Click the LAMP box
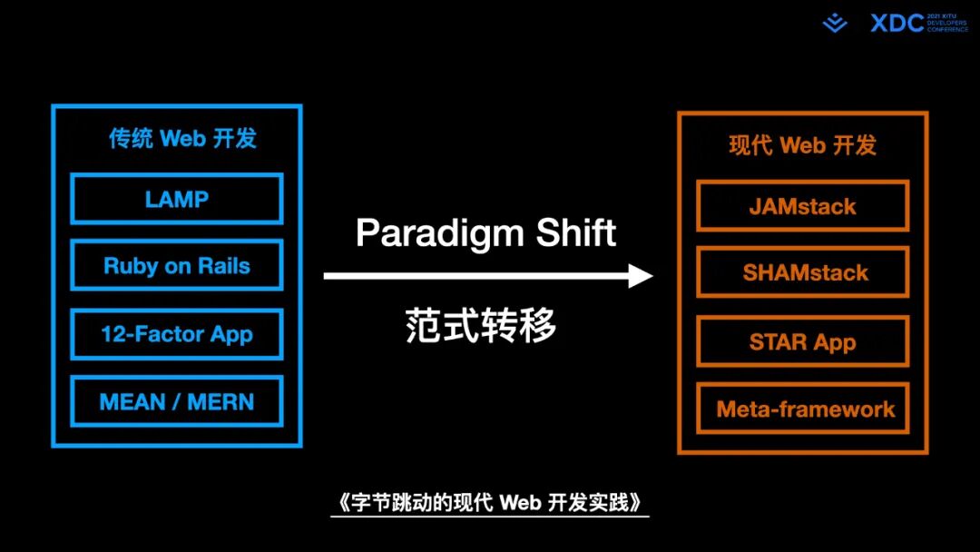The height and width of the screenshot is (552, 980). pos(177,199)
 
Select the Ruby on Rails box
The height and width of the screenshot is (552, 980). pos(177,266)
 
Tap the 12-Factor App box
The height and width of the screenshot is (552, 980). pos(177,334)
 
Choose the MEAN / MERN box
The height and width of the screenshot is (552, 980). pos(177,401)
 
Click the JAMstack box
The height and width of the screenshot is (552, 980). pos(802,206)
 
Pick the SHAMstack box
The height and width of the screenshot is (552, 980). pos(802,272)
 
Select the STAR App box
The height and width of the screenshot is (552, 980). pos(802,342)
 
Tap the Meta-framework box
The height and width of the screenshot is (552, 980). pos(802,409)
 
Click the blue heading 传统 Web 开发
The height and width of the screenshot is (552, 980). pos(182,138)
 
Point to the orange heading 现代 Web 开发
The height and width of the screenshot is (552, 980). pos(802,145)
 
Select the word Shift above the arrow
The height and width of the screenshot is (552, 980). pos(576,232)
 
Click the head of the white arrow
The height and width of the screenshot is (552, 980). pos(642,275)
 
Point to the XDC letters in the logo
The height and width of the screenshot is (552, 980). pos(897,24)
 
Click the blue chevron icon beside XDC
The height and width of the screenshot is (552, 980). pos(835,24)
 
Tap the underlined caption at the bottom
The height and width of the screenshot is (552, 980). pos(489,503)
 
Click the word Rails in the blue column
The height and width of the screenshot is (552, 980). pos(225,266)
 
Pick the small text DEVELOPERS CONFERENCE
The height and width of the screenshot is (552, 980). pos(948,26)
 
